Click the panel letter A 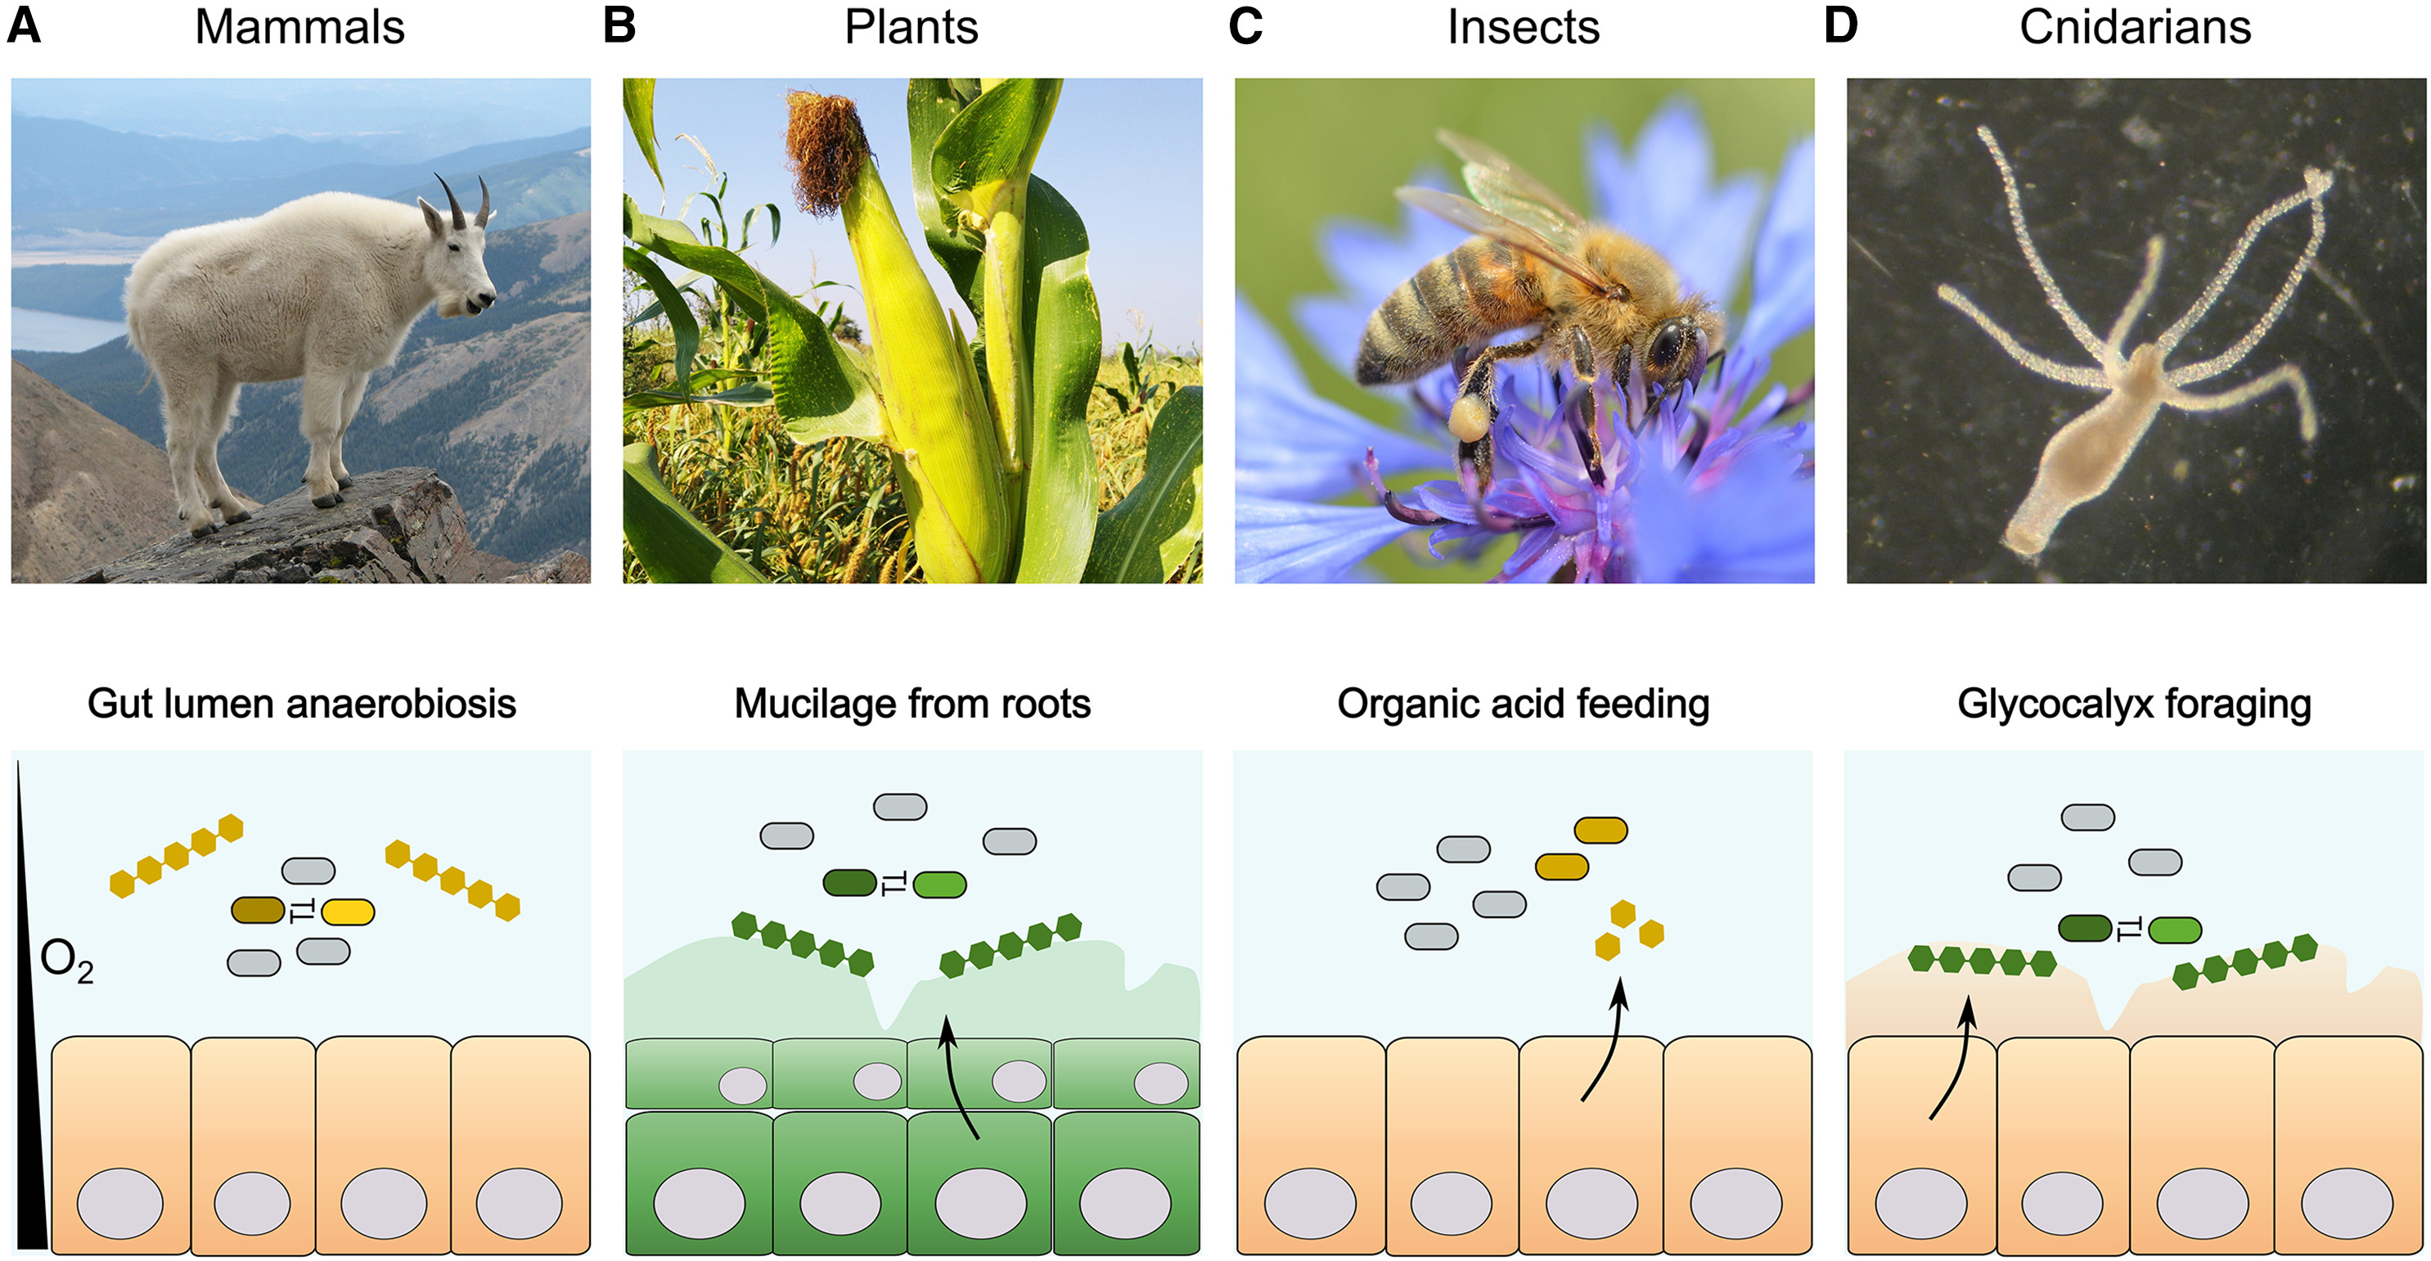click(x=24, y=26)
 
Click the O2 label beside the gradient click(x=66, y=961)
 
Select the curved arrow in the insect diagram click(x=1606, y=1038)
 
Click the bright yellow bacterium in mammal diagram click(x=347, y=912)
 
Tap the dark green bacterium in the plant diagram click(x=849, y=882)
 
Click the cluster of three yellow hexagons click(x=1626, y=930)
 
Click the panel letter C click(x=1245, y=26)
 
